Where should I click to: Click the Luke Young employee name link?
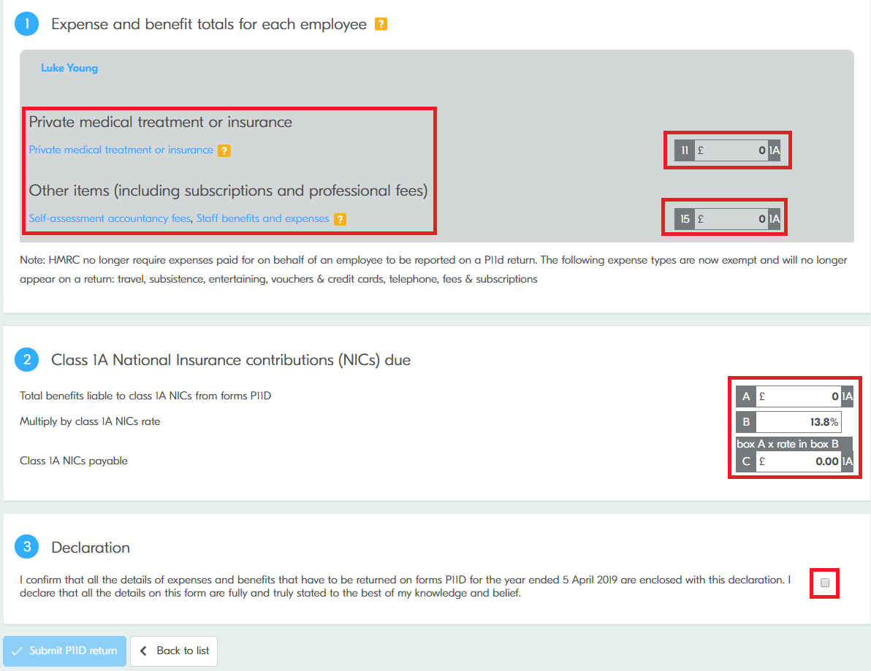(x=69, y=68)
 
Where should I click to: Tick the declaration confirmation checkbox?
(x=825, y=583)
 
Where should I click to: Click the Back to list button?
(x=174, y=651)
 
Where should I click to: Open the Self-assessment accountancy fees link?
(x=110, y=218)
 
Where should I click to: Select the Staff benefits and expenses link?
(x=263, y=218)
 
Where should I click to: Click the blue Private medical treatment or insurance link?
(x=121, y=150)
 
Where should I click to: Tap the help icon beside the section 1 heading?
(x=381, y=24)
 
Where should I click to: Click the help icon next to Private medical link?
(x=224, y=150)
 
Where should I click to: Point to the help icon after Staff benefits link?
(x=341, y=219)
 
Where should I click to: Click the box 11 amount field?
(x=731, y=150)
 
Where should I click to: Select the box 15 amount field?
(x=731, y=219)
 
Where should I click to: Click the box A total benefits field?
(x=799, y=396)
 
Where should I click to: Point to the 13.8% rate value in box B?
(x=824, y=422)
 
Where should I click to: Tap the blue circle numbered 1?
(x=26, y=24)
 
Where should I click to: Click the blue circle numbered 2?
(x=26, y=360)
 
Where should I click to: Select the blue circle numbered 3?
(x=26, y=547)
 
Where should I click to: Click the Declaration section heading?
(x=91, y=547)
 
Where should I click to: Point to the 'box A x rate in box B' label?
(x=788, y=443)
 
